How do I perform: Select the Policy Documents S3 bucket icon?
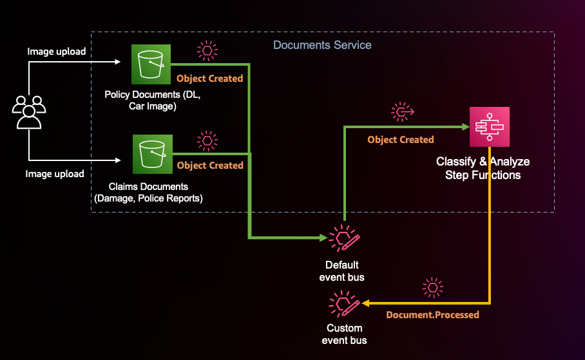tap(151, 64)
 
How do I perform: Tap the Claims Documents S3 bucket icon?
tap(152, 154)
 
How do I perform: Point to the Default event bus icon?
tap(343, 238)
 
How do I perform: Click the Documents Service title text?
tap(322, 45)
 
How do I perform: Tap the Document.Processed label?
tap(432, 315)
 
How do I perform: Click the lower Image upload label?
tap(55, 174)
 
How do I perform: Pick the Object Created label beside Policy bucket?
tap(210, 79)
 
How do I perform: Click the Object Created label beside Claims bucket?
tap(210, 166)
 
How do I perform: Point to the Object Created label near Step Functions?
tap(401, 140)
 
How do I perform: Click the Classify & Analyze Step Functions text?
tap(483, 168)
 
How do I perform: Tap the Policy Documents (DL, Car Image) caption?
tap(152, 100)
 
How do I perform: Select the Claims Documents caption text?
tap(149, 193)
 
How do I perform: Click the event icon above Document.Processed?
tap(432, 287)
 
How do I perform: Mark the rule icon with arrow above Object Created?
tap(402, 112)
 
